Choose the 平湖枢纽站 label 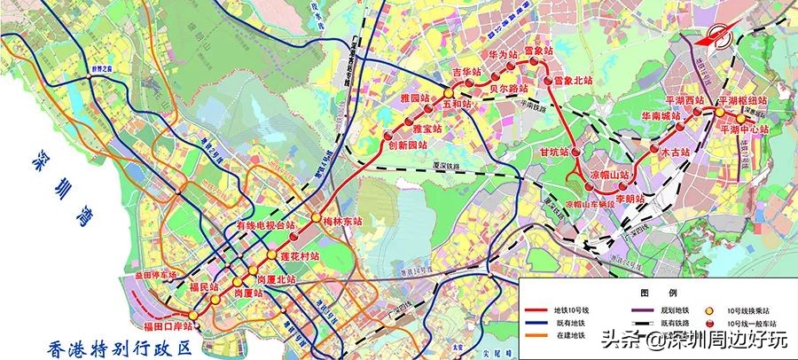tap(755, 100)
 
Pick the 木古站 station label tap(675, 153)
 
